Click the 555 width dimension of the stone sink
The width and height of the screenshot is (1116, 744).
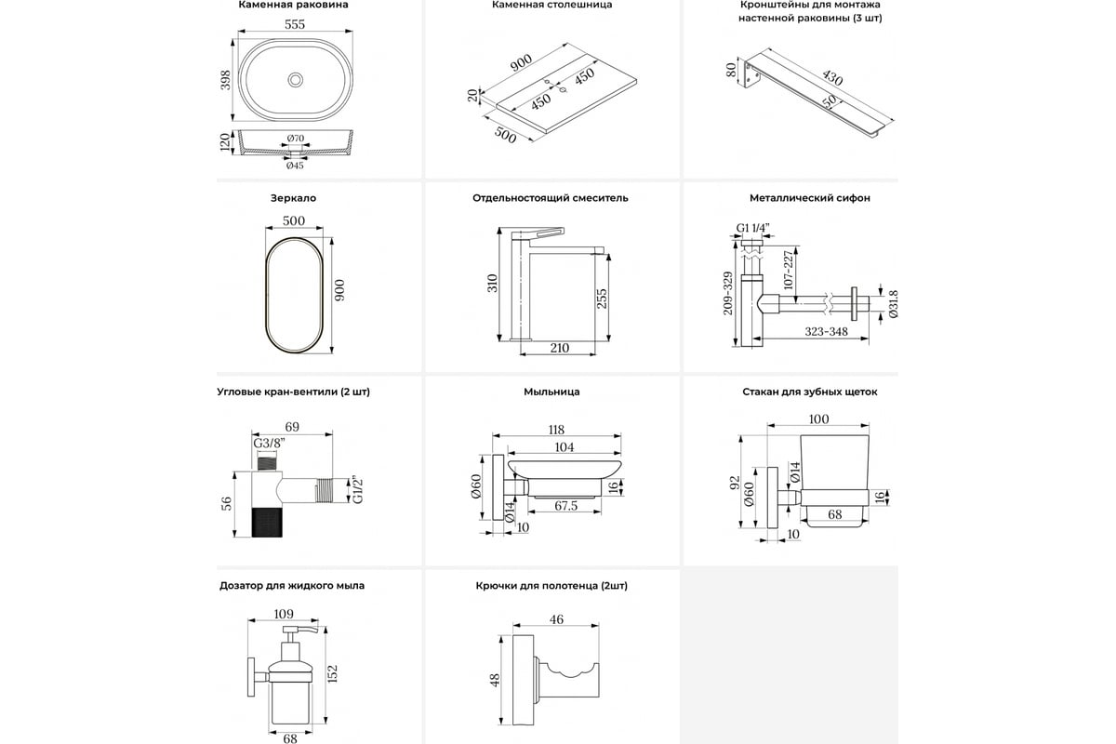[295, 25]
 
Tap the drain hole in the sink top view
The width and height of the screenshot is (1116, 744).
[296, 80]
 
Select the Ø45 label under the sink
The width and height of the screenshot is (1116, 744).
[295, 165]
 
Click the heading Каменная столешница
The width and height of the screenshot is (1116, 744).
[552, 6]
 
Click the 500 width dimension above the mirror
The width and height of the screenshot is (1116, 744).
[294, 221]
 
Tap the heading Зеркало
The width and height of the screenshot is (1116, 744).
[294, 198]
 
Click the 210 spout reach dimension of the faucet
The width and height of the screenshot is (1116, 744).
[560, 348]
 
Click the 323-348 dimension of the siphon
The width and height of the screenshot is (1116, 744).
[813, 331]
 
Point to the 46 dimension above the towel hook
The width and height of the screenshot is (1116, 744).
[557, 618]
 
